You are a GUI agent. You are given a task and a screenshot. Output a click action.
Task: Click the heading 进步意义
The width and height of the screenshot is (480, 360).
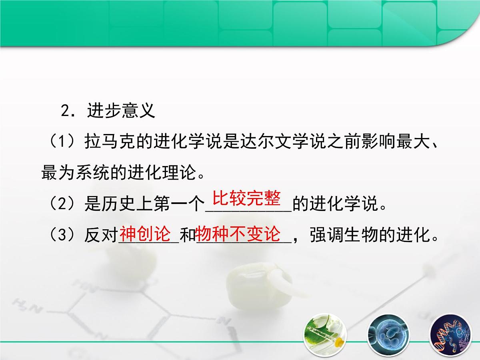[x=121, y=111]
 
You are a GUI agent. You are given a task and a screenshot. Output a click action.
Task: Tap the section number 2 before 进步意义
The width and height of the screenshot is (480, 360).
[x=66, y=111]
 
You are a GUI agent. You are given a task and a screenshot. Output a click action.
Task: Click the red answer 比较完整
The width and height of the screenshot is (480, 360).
[x=247, y=198]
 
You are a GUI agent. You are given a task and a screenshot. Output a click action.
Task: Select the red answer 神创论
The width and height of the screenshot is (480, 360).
[x=146, y=234]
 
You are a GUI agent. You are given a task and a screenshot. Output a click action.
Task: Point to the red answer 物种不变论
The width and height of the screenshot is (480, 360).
[x=239, y=234]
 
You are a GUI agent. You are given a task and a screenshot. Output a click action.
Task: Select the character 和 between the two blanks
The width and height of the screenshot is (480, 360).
[x=187, y=236]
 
